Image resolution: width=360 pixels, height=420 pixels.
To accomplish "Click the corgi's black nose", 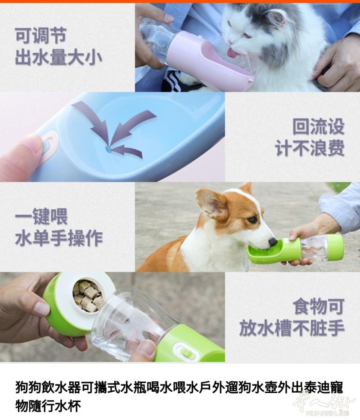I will (273, 242).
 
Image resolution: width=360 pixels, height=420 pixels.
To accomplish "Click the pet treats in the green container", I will (88, 295).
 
